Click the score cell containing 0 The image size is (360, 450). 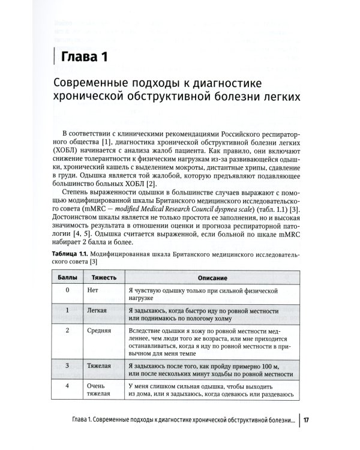(67, 290)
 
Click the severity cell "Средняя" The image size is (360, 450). (100, 331)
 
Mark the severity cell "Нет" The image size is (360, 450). (92, 290)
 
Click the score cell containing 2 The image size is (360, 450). (67, 331)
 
